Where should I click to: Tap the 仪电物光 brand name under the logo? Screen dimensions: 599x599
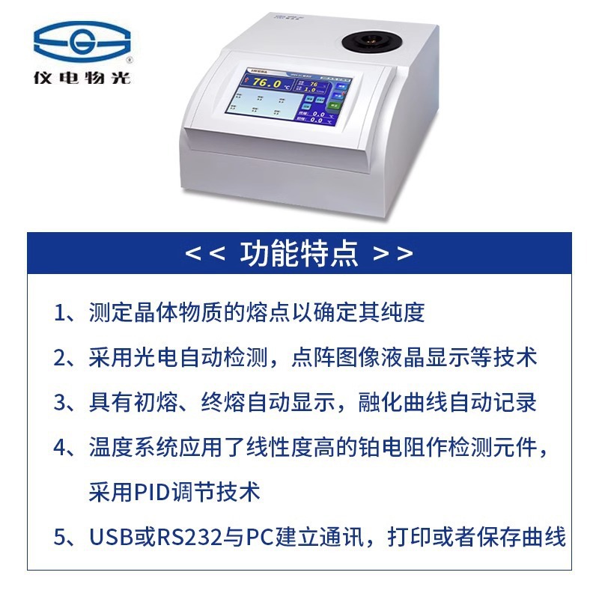coord(82,77)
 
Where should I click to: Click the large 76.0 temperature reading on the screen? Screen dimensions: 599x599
coord(267,83)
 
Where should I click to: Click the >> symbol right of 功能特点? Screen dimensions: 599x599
coord(393,254)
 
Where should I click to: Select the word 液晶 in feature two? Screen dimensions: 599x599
coord(405,357)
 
